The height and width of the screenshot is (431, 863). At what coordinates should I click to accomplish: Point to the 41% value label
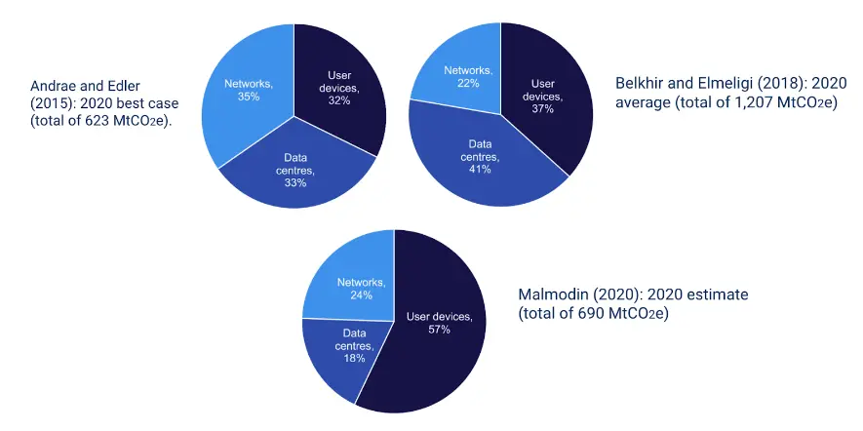(479, 169)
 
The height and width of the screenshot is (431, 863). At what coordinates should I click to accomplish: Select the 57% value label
(439, 330)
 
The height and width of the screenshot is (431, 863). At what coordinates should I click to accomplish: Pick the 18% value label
(353, 359)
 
